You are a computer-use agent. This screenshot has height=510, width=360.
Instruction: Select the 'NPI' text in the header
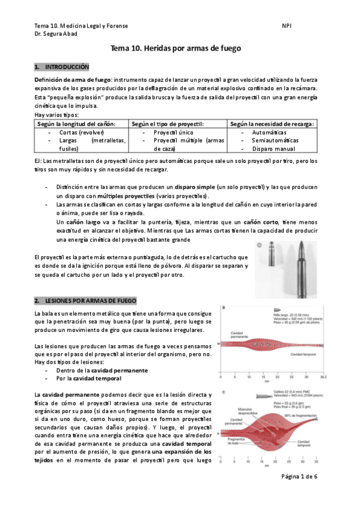pyautogui.click(x=287, y=26)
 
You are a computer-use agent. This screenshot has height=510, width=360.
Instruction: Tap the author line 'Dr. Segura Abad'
pyautogui.click(x=58, y=34)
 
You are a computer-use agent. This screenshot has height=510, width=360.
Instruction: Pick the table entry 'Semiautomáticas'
pyautogui.click(x=273, y=140)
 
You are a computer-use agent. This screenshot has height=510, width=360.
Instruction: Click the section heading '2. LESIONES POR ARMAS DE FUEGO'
pyautogui.click(x=85, y=300)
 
